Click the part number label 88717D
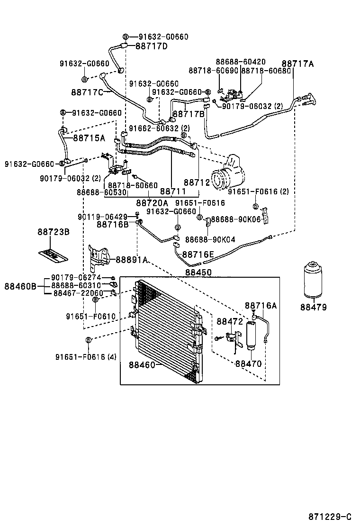[x=152, y=46]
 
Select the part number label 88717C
[x=87, y=91]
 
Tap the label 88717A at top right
[x=298, y=64]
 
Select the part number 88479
[x=313, y=308]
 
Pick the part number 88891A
[x=132, y=260]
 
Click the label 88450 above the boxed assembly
[x=198, y=273]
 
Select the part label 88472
[x=230, y=321]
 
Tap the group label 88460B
[x=21, y=286]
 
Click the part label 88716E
[x=198, y=255]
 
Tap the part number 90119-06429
[x=103, y=217]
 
